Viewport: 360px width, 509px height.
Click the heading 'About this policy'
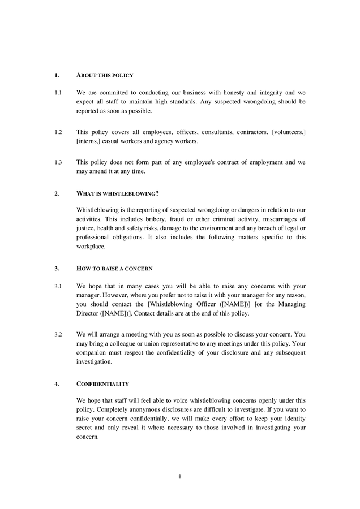[x=105, y=75]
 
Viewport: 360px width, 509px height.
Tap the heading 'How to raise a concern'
[x=114, y=268]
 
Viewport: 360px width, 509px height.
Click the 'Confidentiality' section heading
[x=102, y=384]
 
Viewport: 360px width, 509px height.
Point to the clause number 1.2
[x=58, y=132]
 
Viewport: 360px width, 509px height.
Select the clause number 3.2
[x=58, y=334]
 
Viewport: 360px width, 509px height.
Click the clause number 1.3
[x=58, y=162]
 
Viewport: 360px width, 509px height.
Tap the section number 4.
[x=57, y=384]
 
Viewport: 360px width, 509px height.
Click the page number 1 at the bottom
[x=179, y=476]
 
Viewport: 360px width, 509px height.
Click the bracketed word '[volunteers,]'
[x=289, y=132]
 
